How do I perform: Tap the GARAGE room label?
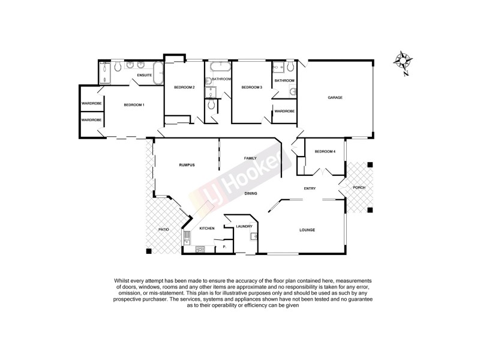pos(335,98)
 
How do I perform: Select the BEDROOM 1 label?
pos(133,105)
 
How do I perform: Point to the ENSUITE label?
pos(144,76)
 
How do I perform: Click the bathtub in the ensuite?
pos(158,73)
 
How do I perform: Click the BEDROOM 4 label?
pos(325,151)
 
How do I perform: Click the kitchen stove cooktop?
pos(201,249)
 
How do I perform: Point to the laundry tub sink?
pos(254,236)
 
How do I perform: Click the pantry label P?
pos(224,247)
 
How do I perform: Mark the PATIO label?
pos(163,230)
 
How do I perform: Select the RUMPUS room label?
pos(188,165)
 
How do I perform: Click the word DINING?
pos(251,194)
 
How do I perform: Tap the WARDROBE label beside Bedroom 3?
pos(284,111)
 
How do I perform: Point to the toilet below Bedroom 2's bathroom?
pos(211,105)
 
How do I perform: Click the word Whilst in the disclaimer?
pos(121,281)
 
